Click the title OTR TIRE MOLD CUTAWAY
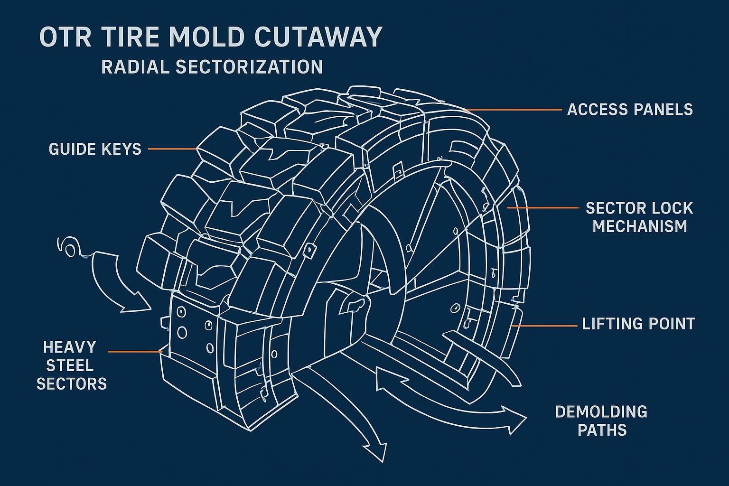pos(210,37)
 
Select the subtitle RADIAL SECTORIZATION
pos(212,67)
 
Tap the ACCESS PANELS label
pos(630,110)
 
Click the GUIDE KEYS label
pos(95,149)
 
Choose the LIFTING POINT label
pos(638,324)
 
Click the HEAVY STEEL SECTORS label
pos(72,365)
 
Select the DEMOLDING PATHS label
pos(601,421)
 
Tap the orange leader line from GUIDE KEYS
pos(173,149)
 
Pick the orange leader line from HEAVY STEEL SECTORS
pos(135,352)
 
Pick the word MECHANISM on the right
pos(639,226)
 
